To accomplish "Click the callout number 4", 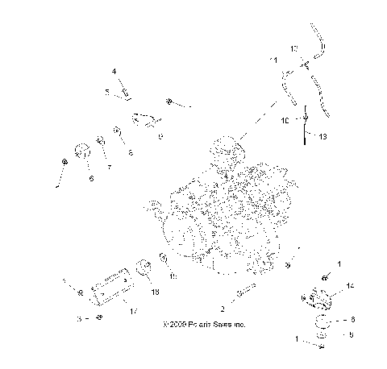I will click(114, 72).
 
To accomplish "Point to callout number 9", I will click(160, 138).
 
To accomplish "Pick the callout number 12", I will click(294, 48).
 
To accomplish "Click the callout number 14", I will click(350, 286).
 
